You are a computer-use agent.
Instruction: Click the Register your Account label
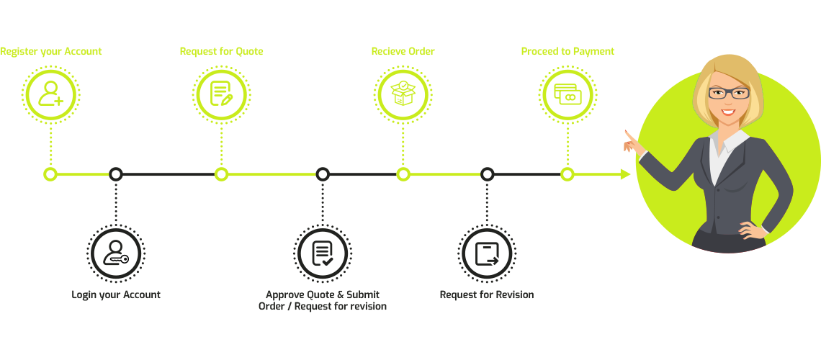(x=50, y=52)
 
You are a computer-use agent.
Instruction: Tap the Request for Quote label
(x=221, y=52)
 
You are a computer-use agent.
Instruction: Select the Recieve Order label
(x=403, y=52)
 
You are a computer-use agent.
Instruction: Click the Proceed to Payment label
(x=567, y=52)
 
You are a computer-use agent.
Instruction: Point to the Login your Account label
(x=116, y=294)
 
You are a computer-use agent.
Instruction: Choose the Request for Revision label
(x=487, y=294)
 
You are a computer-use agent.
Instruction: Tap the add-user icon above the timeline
(x=50, y=94)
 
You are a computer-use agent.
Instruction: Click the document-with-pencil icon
(x=221, y=94)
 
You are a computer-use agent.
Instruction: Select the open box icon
(x=403, y=94)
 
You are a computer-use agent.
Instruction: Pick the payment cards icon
(x=567, y=94)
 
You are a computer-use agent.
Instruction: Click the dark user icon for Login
(x=116, y=253)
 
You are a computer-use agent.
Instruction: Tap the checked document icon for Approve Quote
(x=322, y=253)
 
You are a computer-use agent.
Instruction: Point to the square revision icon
(x=487, y=253)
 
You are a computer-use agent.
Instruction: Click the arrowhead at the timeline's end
(x=625, y=174)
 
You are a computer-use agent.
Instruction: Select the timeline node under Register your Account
(x=50, y=174)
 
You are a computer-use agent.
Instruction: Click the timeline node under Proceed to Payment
(x=567, y=174)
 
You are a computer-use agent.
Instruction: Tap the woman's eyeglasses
(x=728, y=93)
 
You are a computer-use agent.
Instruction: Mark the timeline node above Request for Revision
(x=487, y=174)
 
